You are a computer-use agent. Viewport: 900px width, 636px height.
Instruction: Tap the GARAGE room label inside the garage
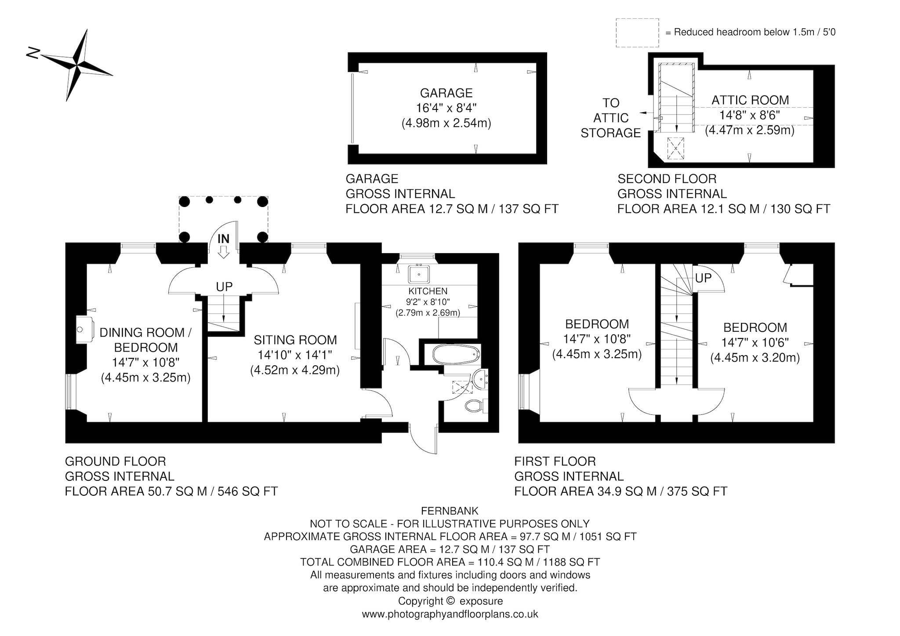446,93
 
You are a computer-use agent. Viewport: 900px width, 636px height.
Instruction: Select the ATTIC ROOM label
750,100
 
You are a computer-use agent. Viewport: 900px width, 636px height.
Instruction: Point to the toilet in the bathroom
476,405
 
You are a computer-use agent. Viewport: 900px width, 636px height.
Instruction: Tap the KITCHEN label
428,291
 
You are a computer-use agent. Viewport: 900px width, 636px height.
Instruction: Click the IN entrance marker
224,239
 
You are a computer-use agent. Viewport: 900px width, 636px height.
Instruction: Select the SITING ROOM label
295,340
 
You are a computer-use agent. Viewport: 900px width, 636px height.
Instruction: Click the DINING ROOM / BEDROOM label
145,340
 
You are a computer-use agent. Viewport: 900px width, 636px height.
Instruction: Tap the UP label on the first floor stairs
703,278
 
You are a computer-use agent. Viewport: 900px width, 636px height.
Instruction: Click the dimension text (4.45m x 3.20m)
755,358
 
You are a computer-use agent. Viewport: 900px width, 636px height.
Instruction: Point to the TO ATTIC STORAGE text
611,118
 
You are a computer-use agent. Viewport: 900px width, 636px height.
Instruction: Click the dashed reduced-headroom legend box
637,33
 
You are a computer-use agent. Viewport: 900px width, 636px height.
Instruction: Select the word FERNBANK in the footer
450,511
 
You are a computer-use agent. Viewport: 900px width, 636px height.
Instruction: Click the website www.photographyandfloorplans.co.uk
450,614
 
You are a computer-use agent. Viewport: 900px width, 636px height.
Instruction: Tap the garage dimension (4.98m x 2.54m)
446,124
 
